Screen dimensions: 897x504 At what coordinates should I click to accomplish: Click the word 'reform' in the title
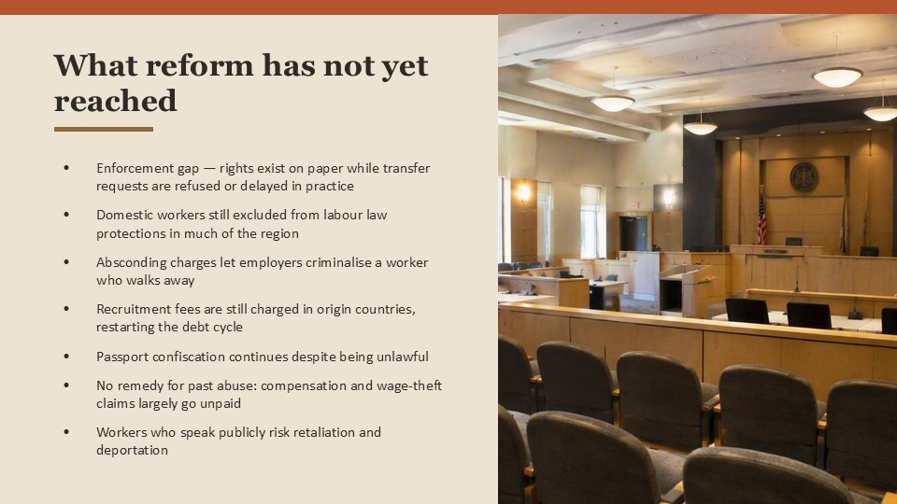tap(198, 65)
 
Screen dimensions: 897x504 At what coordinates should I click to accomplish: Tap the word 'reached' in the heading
tap(116, 101)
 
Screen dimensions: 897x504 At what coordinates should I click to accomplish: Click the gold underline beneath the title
tap(104, 129)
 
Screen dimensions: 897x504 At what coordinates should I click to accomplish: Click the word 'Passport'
tap(119, 357)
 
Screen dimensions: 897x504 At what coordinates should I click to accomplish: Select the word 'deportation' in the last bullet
tap(132, 450)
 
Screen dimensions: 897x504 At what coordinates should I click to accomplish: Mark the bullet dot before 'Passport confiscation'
tap(66, 356)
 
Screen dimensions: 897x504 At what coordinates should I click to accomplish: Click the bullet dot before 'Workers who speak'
tap(66, 432)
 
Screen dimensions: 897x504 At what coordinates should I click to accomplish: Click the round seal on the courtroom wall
tap(804, 176)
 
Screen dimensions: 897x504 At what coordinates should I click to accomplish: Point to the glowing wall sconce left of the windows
tap(523, 193)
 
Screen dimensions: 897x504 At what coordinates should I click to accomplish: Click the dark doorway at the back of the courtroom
tap(634, 233)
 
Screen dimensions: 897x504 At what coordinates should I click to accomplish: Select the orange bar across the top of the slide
tap(448, 7)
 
